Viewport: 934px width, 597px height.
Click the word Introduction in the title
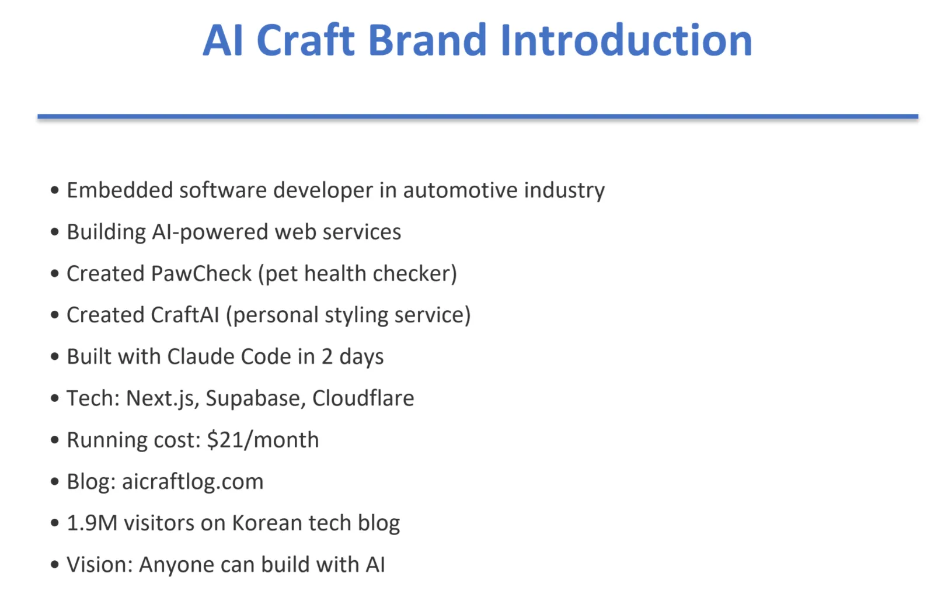click(x=626, y=40)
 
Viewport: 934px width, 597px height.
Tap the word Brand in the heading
click(x=427, y=40)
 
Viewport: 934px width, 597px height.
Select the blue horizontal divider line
click(x=478, y=116)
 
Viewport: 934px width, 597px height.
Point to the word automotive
click(x=461, y=190)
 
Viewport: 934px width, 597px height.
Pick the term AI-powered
click(x=210, y=232)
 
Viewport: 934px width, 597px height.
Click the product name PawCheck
click(x=201, y=274)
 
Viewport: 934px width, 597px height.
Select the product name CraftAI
click(x=184, y=315)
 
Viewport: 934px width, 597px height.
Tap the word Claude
click(x=201, y=357)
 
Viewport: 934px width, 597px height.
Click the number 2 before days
click(x=327, y=357)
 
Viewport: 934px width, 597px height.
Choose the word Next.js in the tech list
click(x=160, y=399)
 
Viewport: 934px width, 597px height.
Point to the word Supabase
click(x=256, y=399)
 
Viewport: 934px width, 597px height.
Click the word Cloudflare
click(x=363, y=398)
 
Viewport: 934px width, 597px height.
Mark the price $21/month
click(x=263, y=440)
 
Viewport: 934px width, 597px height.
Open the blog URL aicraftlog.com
click(x=193, y=481)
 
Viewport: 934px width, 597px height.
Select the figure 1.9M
click(x=92, y=523)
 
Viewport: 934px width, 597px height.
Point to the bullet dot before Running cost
click(x=55, y=440)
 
